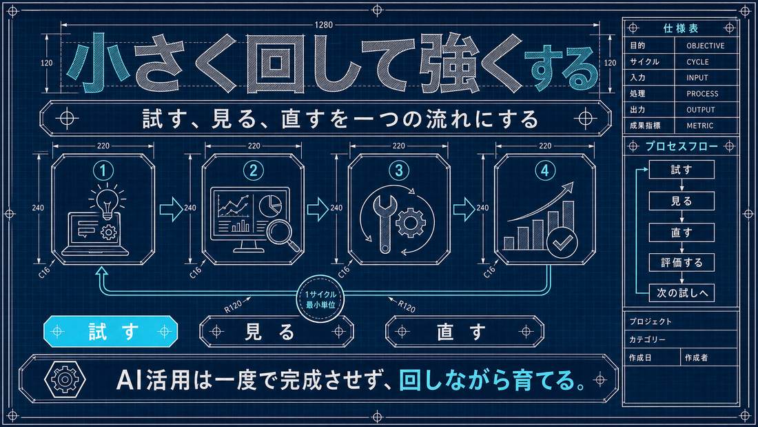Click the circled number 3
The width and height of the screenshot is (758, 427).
pos(399,170)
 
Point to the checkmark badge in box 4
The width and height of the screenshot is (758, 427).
pos(562,242)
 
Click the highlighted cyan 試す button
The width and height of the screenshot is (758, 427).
pos(111,332)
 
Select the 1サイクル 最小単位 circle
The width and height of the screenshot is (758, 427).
pos(320,299)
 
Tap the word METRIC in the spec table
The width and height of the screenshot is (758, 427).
pos(699,126)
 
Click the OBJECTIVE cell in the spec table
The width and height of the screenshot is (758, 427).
pos(706,46)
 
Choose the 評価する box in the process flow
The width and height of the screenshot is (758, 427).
pos(682,263)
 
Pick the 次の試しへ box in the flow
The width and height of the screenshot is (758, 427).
pos(682,293)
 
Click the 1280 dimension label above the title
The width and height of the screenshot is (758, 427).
pos(323,25)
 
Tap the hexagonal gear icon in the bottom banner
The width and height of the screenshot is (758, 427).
pos(65,379)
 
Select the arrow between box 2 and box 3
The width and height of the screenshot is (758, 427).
pos(318,209)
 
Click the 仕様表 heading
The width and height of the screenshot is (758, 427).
pos(681,28)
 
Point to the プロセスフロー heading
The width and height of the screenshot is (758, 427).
pos(682,146)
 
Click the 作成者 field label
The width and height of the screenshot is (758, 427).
pos(696,358)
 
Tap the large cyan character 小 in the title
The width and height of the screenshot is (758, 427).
pos(99,63)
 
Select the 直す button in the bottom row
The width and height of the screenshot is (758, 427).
pos(464,332)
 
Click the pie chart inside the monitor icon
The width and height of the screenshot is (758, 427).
pos(269,205)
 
